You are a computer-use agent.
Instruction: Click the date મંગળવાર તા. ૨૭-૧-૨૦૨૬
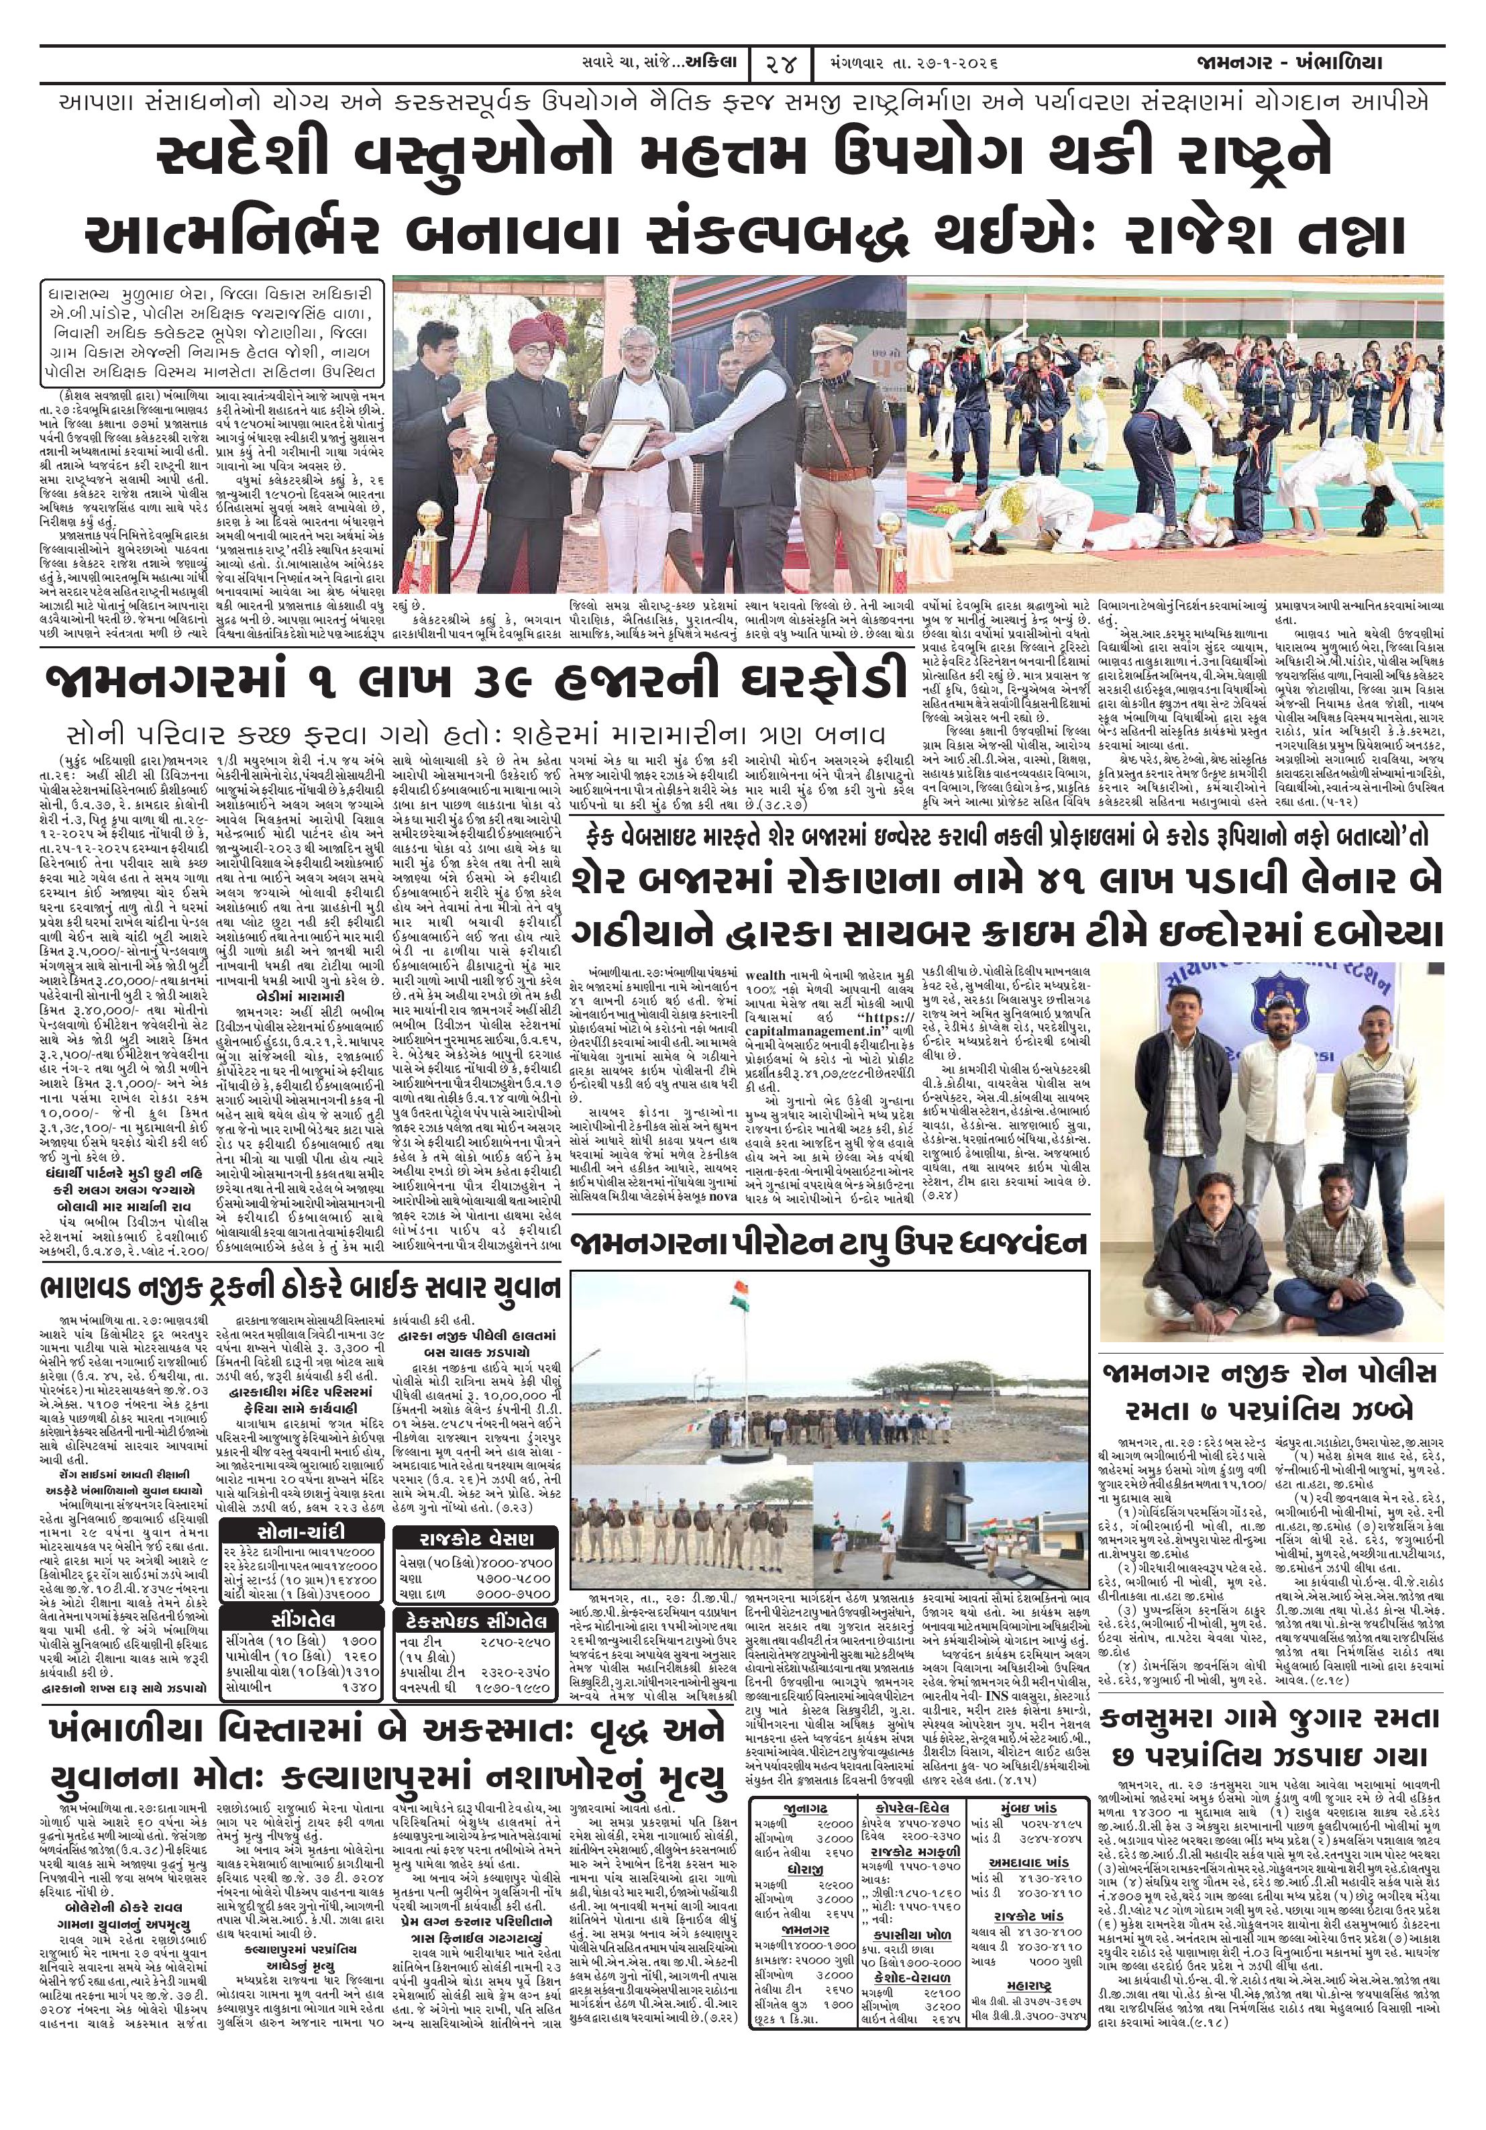tap(909, 64)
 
